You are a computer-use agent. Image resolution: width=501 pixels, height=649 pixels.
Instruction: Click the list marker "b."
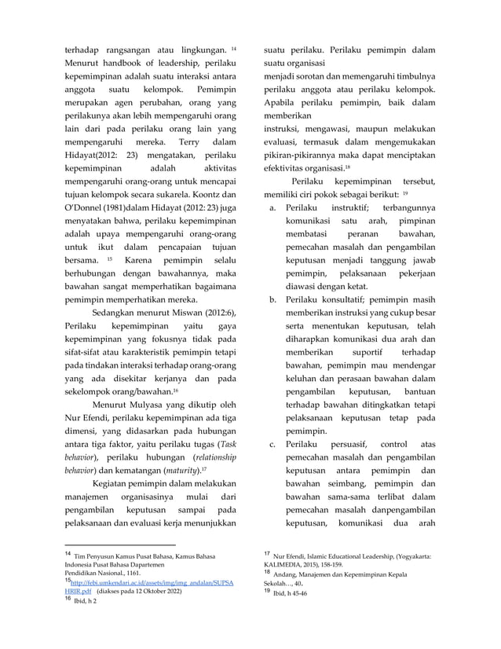(x=272, y=299)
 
